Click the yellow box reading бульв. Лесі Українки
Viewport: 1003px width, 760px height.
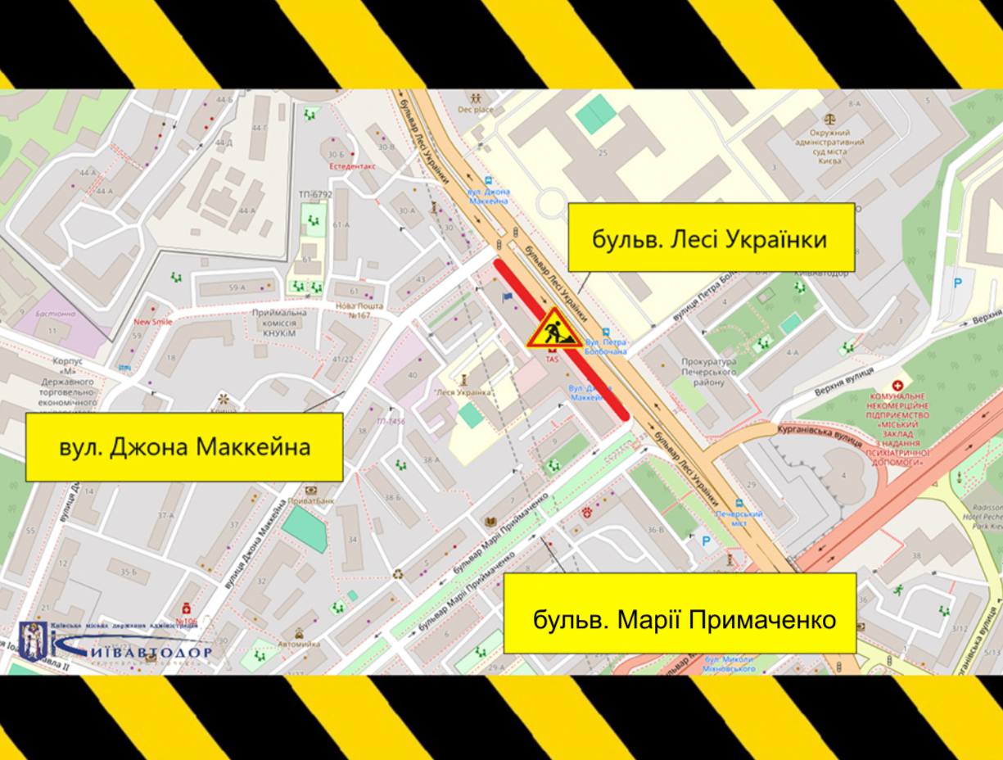(x=711, y=237)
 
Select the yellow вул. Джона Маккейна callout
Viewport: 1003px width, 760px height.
(x=184, y=447)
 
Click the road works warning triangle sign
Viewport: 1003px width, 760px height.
(x=553, y=328)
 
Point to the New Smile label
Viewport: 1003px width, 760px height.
(x=153, y=322)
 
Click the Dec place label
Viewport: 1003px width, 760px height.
(x=475, y=109)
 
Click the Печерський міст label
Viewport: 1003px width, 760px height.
(x=739, y=518)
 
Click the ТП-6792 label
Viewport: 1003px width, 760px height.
(x=315, y=194)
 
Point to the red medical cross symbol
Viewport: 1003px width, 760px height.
(x=898, y=384)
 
